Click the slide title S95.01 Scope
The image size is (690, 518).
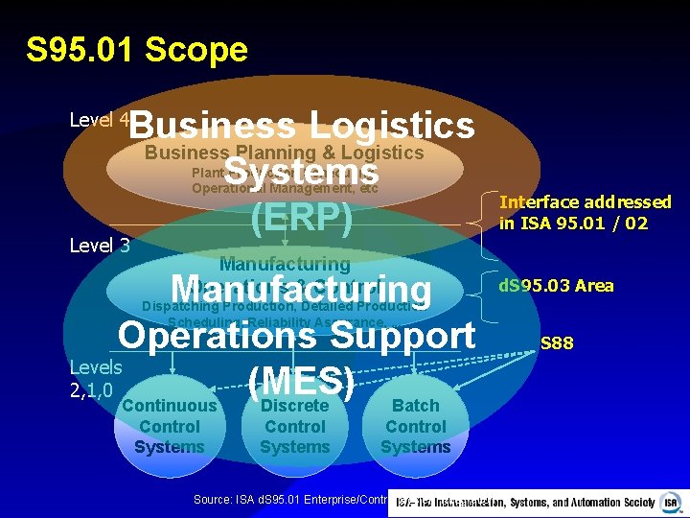point(137,49)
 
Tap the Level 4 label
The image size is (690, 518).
point(100,120)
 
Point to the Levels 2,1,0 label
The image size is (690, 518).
point(96,378)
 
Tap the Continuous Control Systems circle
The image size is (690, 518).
point(169,426)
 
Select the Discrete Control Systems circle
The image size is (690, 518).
point(294,426)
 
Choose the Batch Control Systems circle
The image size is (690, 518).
point(415,426)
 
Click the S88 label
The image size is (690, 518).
point(557,343)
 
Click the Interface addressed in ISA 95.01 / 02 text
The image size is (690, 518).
point(586,212)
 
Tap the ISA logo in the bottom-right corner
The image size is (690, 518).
point(673,502)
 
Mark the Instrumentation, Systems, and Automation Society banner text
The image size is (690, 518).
point(527,502)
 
